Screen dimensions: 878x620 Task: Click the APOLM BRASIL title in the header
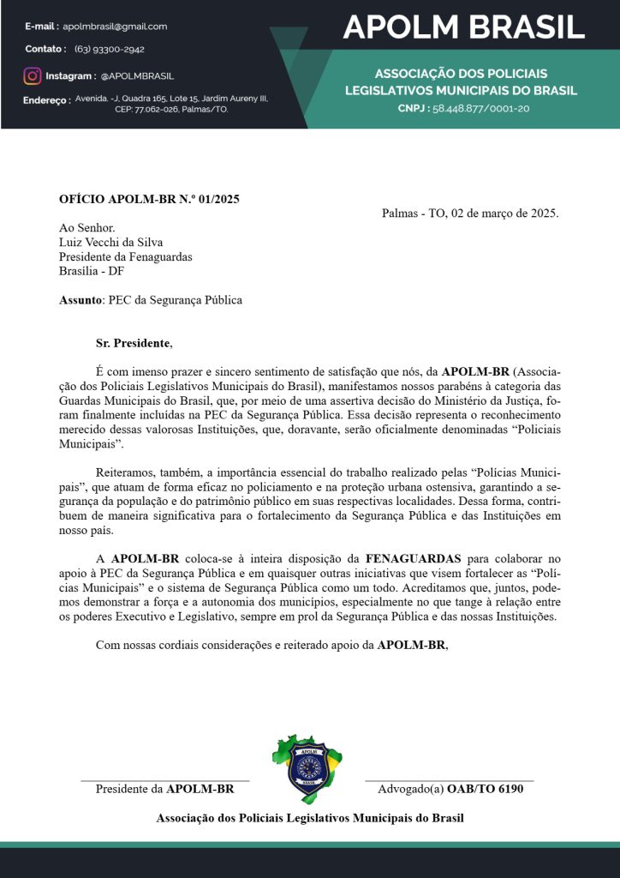coord(463,27)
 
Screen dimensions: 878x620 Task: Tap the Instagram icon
coord(33,76)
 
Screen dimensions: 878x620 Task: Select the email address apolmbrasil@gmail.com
coord(116,27)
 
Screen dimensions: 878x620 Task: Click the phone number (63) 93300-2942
coord(110,50)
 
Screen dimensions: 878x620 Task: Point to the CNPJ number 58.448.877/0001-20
coord(480,109)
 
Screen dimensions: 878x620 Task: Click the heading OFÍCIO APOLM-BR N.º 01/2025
coord(149,200)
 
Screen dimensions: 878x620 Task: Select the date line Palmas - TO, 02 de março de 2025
coord(470,213)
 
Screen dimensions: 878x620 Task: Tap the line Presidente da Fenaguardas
coord(125,256)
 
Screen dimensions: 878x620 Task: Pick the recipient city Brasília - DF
coord(92,271)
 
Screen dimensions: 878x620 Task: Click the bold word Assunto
coord(80,300)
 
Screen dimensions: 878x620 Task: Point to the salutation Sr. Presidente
coord(133,344)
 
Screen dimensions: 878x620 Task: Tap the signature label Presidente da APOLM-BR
coord(164,789)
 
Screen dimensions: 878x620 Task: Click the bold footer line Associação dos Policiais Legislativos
coord(310,818)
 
